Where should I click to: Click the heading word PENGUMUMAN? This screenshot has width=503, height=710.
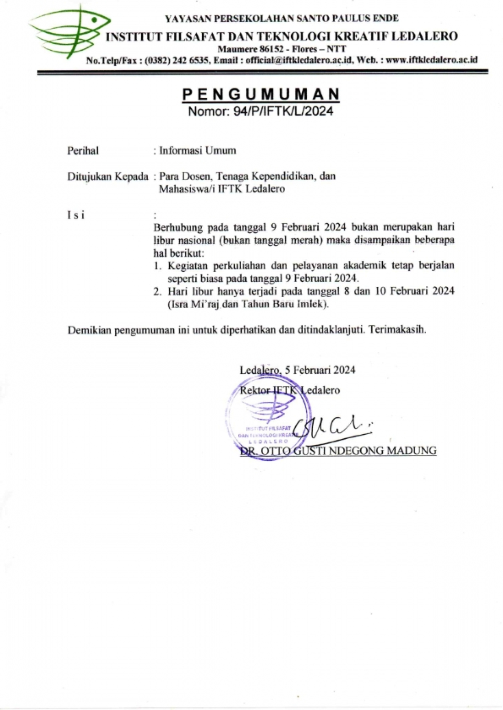pyautogui.click(x=261, y=95)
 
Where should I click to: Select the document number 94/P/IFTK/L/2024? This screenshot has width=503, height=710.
pyautogui.click(x=283, y=111)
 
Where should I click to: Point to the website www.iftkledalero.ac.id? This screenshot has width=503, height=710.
pyautogui.click(x=432, y=60)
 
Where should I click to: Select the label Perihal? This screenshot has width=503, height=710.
pyautogui.click(x=83, y=151)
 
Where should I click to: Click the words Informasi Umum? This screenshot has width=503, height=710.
pyautogui.click(x=198, y=151)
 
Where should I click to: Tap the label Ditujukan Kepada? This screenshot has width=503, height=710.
pyautogui.click(x=108, y=176)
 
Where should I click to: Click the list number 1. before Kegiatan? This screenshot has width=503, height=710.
pyautogui.click(x=158, y=266)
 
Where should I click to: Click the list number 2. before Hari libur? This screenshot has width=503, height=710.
pyautogui.click(x=158, y=291)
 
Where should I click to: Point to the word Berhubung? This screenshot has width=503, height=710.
pyautogui.click(x=177, y=227)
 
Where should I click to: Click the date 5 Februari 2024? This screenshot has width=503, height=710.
pyautogui.click(x=320, y=370)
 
